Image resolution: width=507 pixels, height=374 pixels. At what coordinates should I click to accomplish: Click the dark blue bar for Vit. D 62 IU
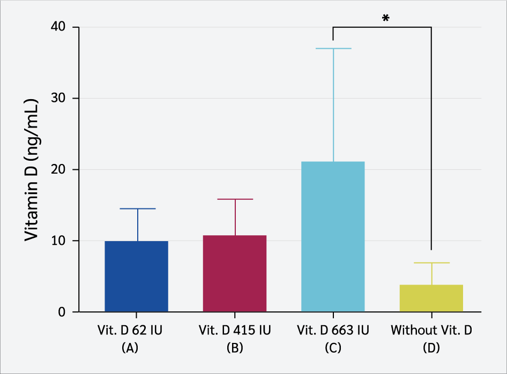pos(136,276)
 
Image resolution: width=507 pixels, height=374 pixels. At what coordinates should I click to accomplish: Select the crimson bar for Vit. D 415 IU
pos(235,273)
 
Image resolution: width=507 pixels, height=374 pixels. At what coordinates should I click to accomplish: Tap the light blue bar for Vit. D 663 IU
pos(333,236)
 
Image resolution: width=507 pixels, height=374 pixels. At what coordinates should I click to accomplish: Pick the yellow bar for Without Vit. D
pos(431,298)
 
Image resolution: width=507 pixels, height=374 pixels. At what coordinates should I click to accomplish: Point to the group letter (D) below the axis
pos(431,347)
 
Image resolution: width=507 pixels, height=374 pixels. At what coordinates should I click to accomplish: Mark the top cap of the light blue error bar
pos(333,49)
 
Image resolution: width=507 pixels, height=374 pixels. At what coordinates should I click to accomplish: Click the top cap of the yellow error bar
pos(431,263)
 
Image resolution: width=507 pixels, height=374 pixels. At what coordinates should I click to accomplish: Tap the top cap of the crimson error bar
pos(235,199)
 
